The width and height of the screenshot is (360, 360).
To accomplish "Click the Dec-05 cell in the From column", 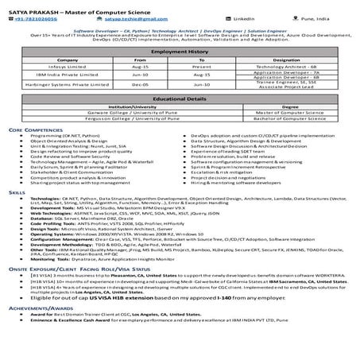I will (141, 88).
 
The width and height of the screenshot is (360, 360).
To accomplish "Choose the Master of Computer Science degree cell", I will (285, 113).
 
